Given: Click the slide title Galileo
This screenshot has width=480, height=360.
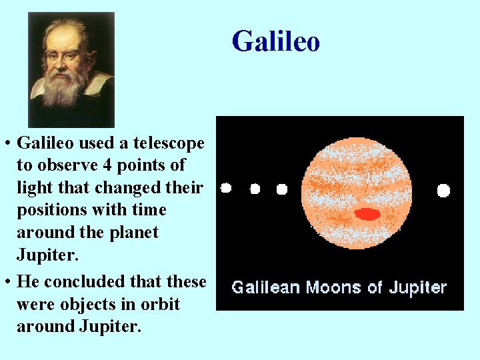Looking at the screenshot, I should [276, 41].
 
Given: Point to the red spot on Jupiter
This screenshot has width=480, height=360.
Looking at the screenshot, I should [367, 214].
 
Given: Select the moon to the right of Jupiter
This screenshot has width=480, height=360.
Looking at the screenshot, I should [443, 191].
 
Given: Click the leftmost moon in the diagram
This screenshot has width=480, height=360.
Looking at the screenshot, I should [226, 188].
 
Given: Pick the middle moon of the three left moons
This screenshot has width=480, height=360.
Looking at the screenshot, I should [255, 189].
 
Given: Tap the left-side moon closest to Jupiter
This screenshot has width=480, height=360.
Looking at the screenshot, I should [281, 189].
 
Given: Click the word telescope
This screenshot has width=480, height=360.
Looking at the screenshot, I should [169, 143].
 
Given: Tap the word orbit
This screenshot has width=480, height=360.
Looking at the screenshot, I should [161, 304].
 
